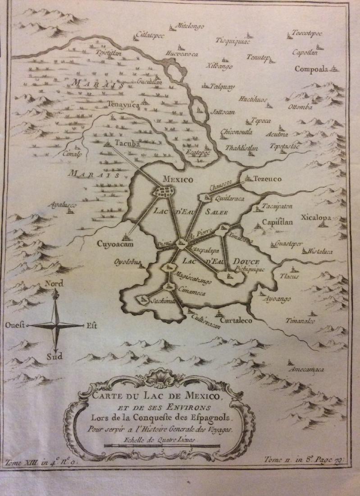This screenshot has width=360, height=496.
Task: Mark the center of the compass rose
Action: (56, 325)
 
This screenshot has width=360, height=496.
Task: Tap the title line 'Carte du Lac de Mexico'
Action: (161, 397)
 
